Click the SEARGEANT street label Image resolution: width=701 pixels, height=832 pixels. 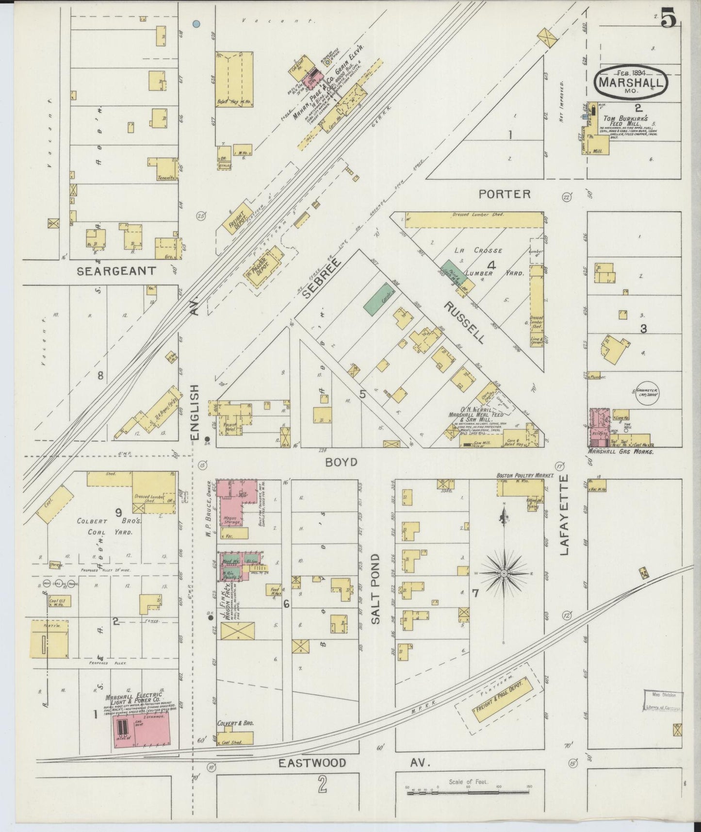pos(116,271)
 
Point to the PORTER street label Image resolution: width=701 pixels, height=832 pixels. pos(504,194)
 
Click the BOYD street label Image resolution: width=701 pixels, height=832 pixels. pos(341,462)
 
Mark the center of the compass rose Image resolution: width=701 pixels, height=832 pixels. pos(504,574)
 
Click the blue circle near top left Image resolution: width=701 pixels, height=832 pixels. pos(196,23)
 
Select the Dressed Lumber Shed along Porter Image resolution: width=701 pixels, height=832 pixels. pos(473,219)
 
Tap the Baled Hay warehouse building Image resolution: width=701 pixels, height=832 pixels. pos(234,80)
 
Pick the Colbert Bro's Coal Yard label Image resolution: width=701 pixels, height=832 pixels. pos(110,526)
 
